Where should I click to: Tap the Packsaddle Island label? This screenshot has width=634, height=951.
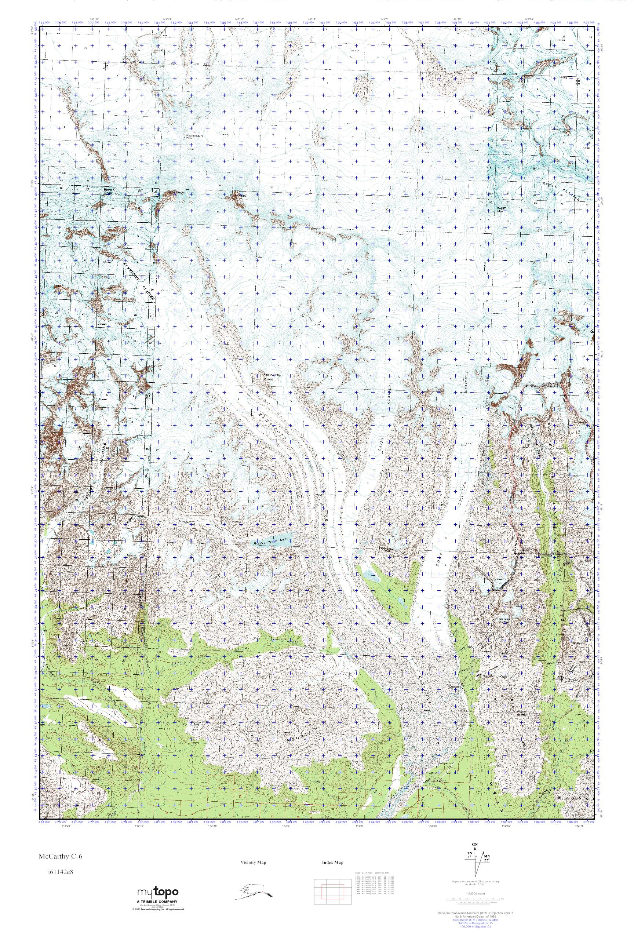(270, 377)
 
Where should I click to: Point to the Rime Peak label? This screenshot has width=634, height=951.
(108, 191)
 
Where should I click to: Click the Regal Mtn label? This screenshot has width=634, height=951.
(502, 209)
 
